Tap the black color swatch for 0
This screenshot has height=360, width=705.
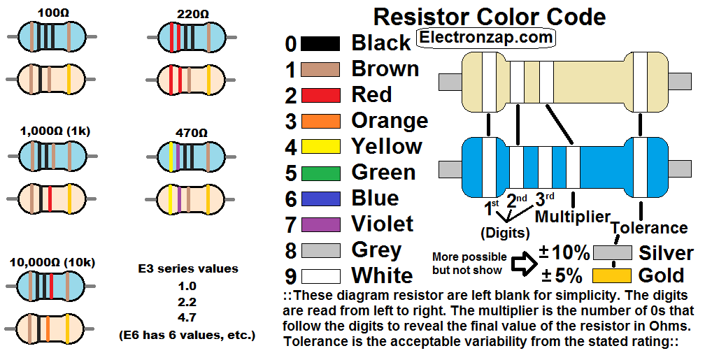coord(320,43)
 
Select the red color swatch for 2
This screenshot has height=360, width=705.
coord(320,95)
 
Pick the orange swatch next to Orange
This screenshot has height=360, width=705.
coord(320,121)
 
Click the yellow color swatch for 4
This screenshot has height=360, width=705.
coord(320,147)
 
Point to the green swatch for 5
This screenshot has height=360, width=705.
coord(320,173)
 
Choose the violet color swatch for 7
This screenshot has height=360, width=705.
coord(320,224)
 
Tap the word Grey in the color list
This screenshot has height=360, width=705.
coord(376,250)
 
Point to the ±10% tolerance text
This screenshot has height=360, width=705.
coord(564,252)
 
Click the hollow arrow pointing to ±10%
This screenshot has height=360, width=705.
coord(521,264)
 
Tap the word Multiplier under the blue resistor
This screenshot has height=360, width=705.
coord(573,217)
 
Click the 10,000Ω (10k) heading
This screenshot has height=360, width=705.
coord(52,263)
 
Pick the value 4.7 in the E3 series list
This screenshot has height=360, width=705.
coord(187,319)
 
